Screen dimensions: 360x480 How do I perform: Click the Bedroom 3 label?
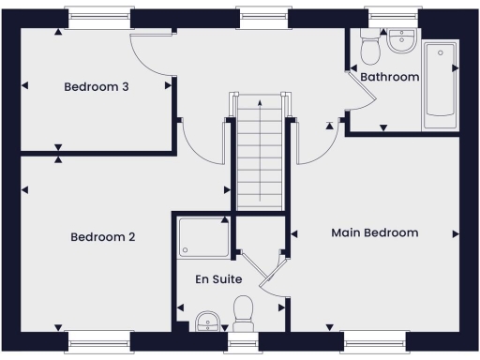pos(96,87)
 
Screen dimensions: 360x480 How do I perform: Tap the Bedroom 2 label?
pos(103,237)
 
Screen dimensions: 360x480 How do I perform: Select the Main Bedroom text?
pos(375,232)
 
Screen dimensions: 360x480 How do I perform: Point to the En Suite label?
pos(218,279)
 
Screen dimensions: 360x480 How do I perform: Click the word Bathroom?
pos(389,77)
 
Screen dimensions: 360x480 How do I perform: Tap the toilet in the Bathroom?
pos(368,43)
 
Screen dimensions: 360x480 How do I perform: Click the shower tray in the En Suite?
pos(203,236)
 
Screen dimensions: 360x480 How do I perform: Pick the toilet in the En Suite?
pos(245,313)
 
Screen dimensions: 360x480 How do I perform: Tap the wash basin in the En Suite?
pos(208,322)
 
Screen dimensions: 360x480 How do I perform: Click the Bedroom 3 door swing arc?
pos(150,58)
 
